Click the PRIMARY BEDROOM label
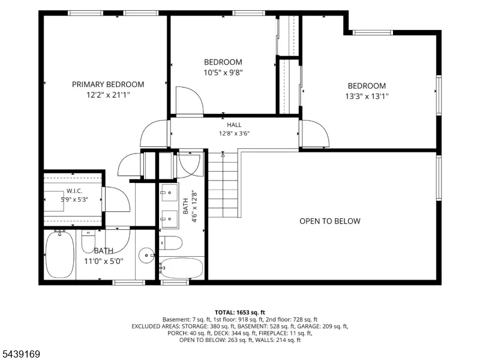click(x=108, y=85)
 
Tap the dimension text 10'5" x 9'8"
click(x=223, y=73)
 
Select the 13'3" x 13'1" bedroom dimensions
click(x=367, y=96)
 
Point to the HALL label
click(x=234, y=125)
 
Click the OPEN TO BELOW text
click(x=329, y=221)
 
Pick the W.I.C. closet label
click(x=74, y=191)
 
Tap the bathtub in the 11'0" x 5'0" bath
click(x=60, y=254)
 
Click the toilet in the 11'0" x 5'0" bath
click(x=88, y=241)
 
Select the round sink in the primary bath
click(x=146, y=256)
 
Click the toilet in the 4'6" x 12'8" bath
click(x=170, y=243)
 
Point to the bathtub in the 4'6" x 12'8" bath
click(x=181, y=268)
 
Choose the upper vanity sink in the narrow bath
click(x=169, y=193)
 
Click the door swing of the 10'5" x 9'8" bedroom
click(x=190, y=101)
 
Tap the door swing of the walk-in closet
click(x=116, y=199)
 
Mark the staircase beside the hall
click(x=223, y=185)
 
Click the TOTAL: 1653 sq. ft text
click(x=239, y=313)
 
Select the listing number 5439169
click(x=20, y=354)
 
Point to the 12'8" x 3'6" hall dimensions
click(x=234, y=133)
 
